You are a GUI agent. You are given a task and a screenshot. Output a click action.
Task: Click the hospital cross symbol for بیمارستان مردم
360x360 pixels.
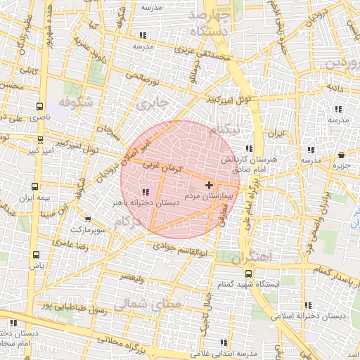(209, 184)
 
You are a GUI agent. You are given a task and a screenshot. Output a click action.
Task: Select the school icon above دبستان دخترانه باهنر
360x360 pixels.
(145, 192)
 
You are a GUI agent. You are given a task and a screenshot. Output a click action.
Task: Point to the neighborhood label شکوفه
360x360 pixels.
(75, 103)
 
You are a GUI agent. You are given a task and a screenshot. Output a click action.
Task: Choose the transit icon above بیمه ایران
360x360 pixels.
(34, 187)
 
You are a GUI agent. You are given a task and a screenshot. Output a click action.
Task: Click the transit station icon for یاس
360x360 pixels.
(37, 256)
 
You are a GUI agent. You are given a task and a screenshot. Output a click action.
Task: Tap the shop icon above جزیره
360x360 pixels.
(341, 155)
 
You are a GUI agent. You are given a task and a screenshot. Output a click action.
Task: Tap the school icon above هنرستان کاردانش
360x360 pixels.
(250, 148)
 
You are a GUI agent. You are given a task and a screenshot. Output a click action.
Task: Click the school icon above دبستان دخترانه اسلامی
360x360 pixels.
(308, 305)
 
